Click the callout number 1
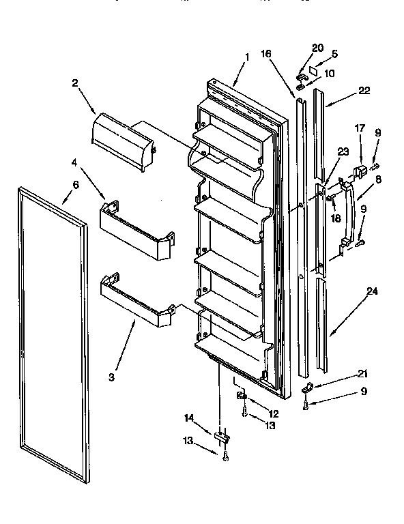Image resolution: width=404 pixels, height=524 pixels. click(x=246, y=57)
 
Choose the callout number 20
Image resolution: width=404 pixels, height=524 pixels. click(x=317, y=47)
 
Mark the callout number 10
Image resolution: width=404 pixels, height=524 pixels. click(x=329, y=73)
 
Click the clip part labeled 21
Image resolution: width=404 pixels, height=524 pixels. click(x=306, y=390)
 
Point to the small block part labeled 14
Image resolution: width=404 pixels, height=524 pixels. click(x=220, y=437)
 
